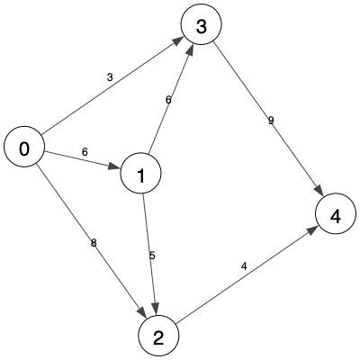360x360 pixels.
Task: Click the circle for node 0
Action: tap(24, 147)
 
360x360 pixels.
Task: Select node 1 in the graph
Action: tap(140, 174)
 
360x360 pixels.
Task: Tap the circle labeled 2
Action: tap(158, 336)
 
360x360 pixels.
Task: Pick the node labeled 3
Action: tap(202, 24)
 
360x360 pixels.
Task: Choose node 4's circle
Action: tap(336, 213)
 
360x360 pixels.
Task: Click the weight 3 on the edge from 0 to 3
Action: tap(110, 77)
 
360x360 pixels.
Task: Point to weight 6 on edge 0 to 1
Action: tap(85, 152)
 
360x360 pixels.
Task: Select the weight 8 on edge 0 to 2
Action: tap(94, 243)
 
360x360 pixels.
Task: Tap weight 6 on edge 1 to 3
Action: tap(168, 100)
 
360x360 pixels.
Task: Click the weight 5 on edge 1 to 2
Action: tap(152, 256)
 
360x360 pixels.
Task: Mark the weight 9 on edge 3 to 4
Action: tap(271, 121)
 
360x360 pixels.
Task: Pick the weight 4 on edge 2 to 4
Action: tap(244, 266)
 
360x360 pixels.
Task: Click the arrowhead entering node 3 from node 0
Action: tap(179, 40)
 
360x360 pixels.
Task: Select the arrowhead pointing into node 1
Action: tap(114, 166)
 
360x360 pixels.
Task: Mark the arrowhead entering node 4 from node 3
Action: tap(319, 191)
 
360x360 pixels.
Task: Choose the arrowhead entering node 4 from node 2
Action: tap(312, 230)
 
